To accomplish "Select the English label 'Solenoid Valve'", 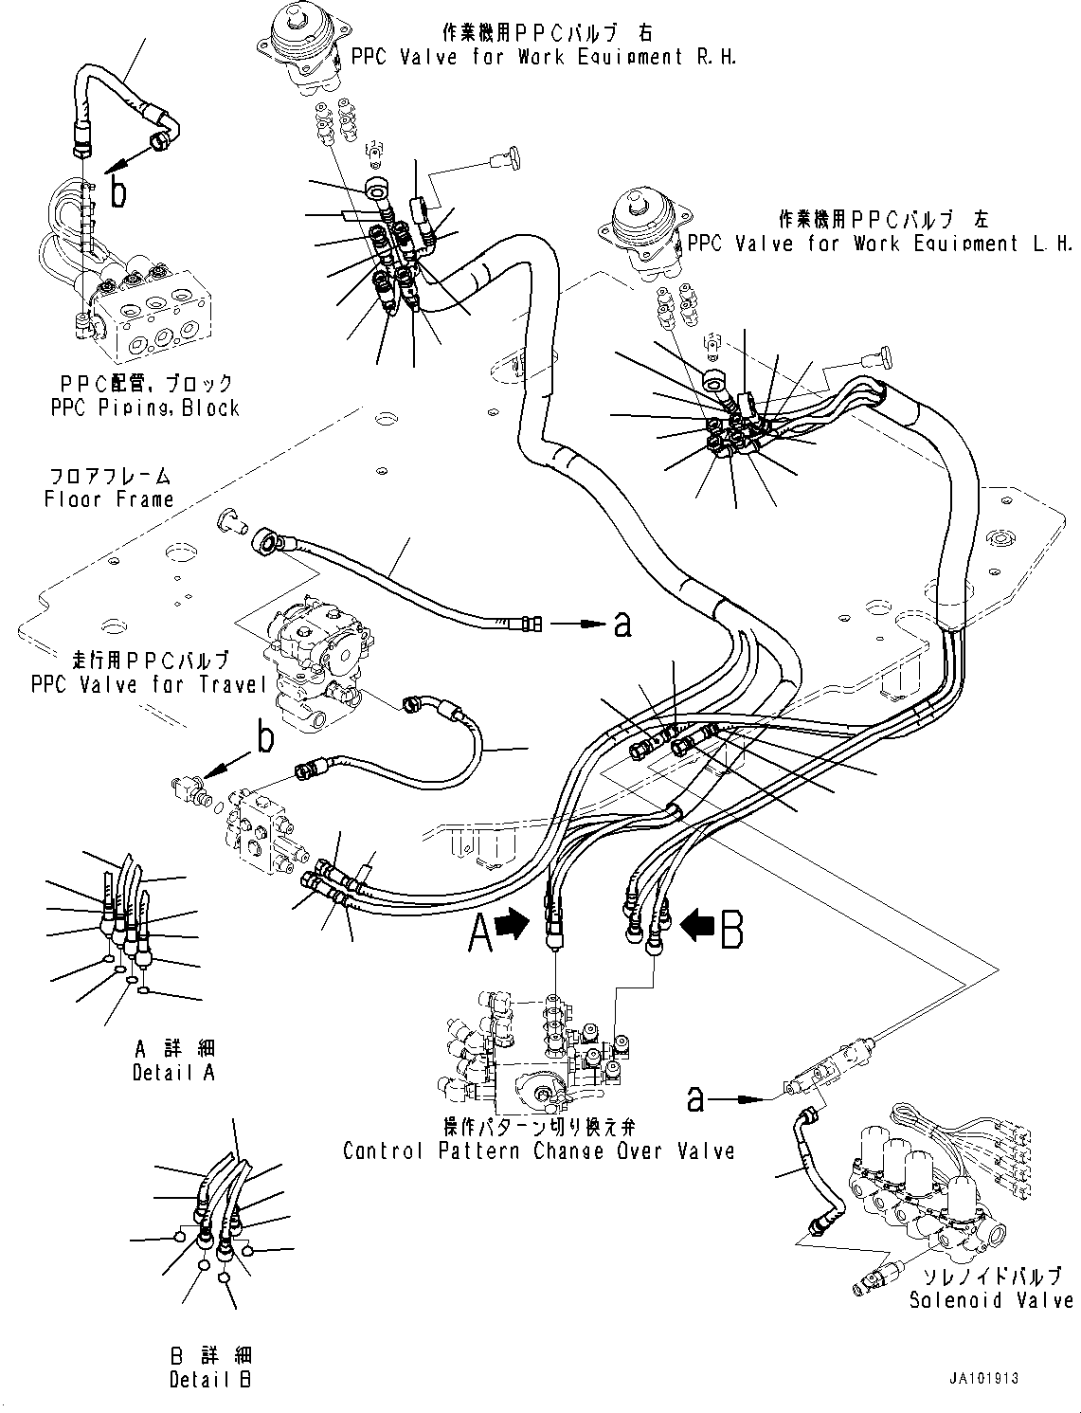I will coord(991,1300).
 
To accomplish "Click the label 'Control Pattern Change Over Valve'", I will coord(538,1151).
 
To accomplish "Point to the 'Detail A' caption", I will coord(173,1072).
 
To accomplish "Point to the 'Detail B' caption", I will coord(210,1380).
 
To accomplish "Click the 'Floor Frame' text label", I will coord(109,499).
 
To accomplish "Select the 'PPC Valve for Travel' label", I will coord(149,683).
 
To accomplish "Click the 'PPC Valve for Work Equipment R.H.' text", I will coord(543,57).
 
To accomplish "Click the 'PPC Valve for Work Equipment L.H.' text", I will coord(881,244).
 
